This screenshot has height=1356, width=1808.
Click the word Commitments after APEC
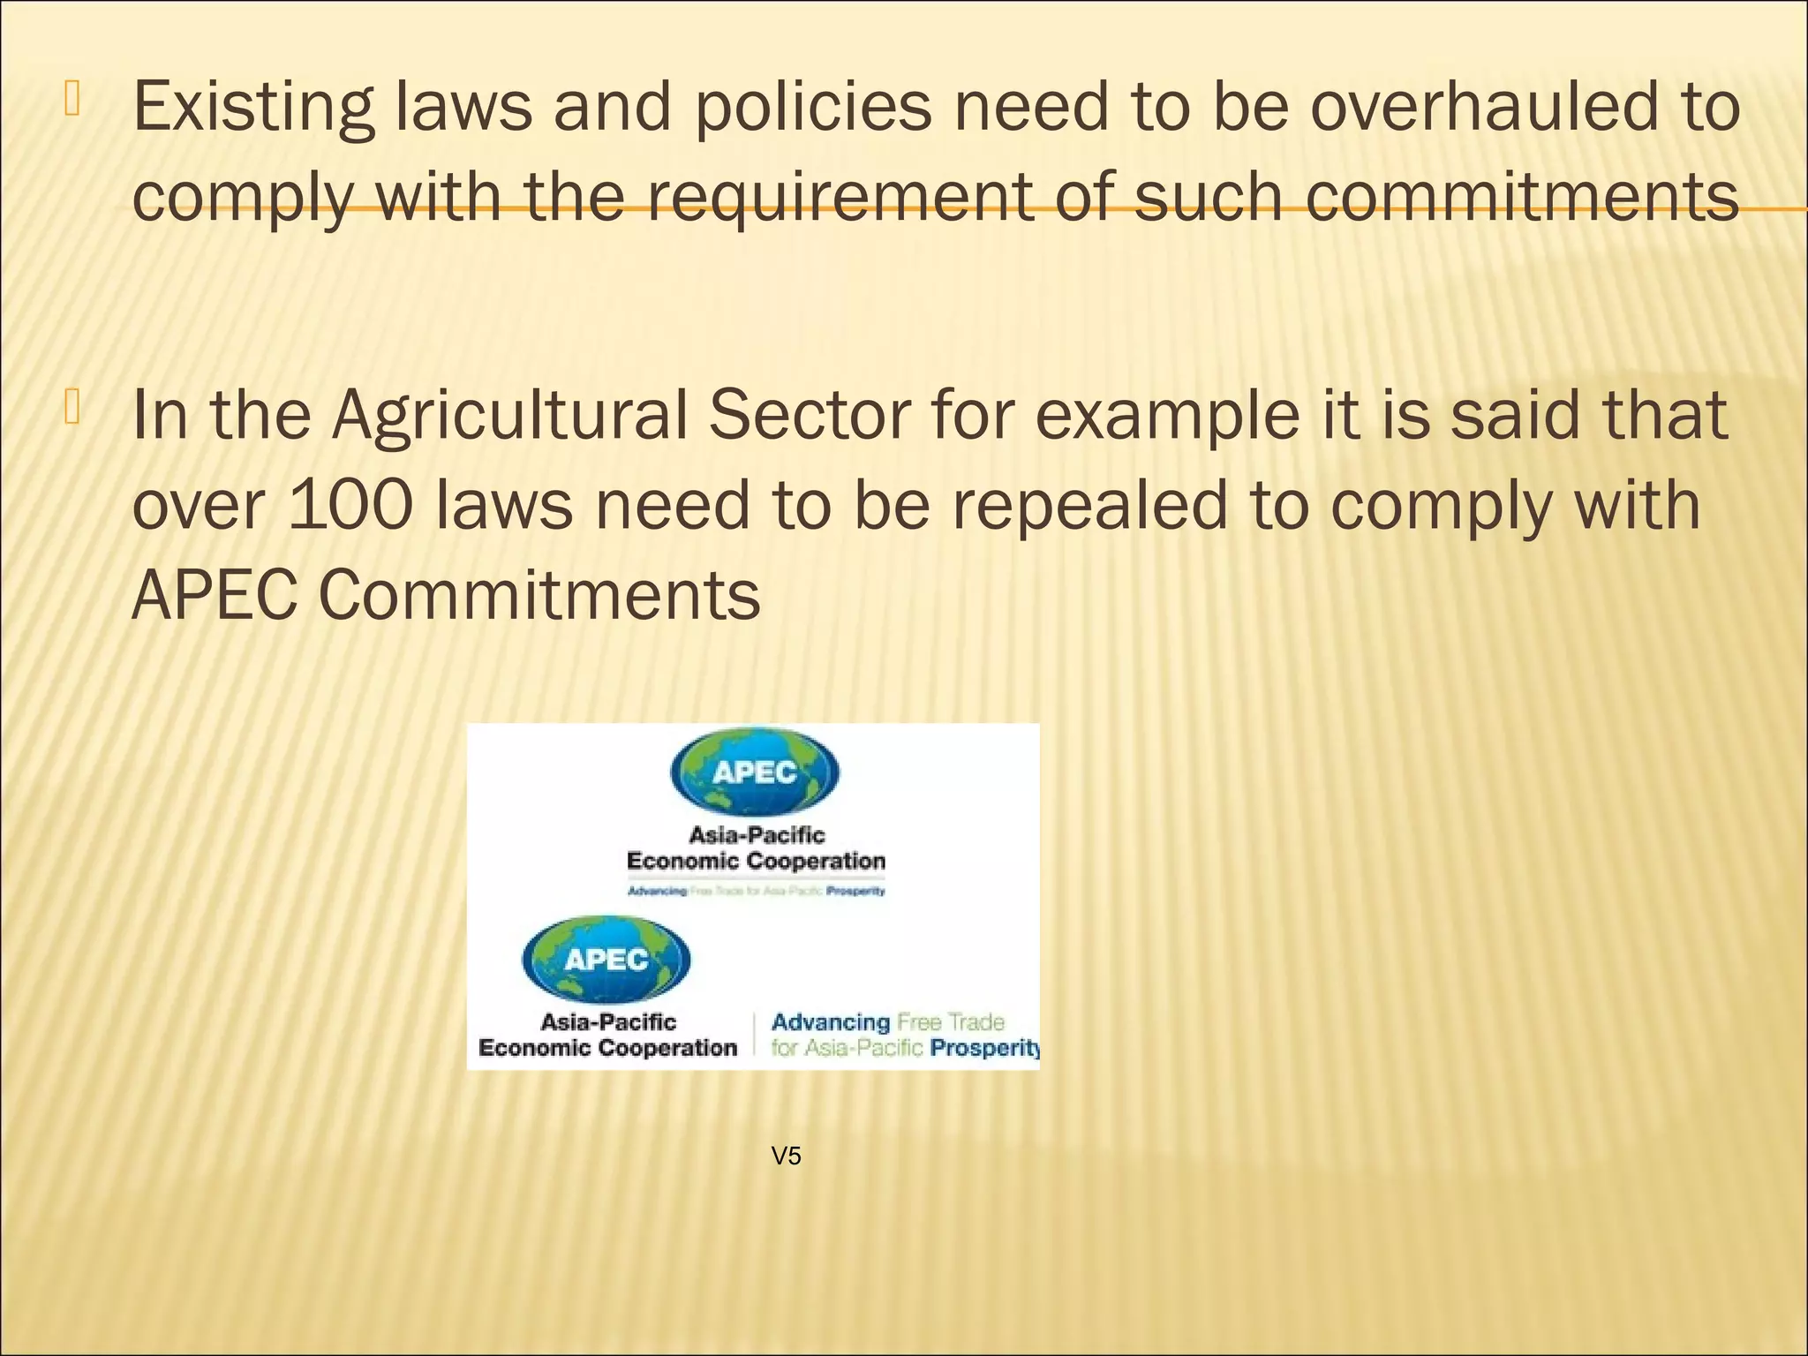pos(539,595)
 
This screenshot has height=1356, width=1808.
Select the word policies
pos(813,108)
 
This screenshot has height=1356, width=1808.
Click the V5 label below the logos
pos(786,1156)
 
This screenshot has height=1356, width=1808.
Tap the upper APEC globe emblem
pos(755,772)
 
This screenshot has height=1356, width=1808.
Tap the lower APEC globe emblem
pos(606,960)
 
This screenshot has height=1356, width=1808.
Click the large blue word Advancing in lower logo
pos(830,1022)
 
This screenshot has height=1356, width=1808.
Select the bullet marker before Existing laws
pos(72,99)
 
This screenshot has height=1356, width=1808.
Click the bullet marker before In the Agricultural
pos(72,408)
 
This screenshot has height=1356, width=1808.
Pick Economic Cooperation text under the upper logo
pos(756,861)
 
